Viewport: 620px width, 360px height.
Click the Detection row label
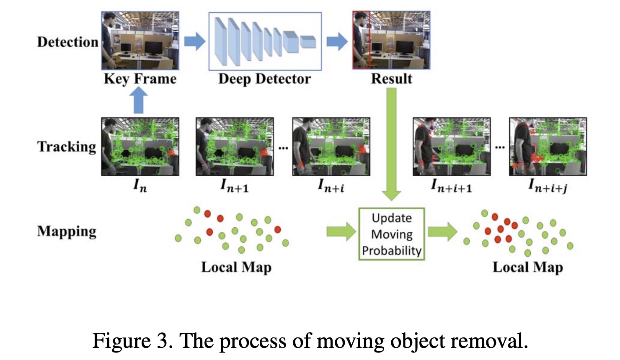tap(67, 42)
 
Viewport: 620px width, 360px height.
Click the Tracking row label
tap(67, 147)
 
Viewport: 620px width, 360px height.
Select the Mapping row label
tap(67, 231)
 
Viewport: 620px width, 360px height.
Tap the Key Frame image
tap(140, 41)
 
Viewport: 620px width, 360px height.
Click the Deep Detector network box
tap(265, 41)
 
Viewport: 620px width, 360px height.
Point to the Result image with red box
tap(391, 40)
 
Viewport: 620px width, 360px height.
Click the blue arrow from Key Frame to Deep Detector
tap(194, 41)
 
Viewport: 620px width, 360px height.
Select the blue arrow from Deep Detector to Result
tap(337, 41)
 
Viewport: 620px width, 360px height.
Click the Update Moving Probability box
tap(392, 234)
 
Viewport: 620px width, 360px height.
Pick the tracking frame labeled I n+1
tap(235, 147)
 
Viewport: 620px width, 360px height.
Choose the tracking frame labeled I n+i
tap(331, 147)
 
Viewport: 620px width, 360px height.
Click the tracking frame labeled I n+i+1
tap(452, 147)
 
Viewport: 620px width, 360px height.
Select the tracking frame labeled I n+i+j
tap(548, 147)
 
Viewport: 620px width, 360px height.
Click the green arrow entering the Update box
tap(341, 231)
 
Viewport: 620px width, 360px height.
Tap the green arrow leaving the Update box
tap(442, 231)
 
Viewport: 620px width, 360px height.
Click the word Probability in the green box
tap(392, 250)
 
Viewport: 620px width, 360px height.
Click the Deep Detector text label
tap(265, 79)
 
